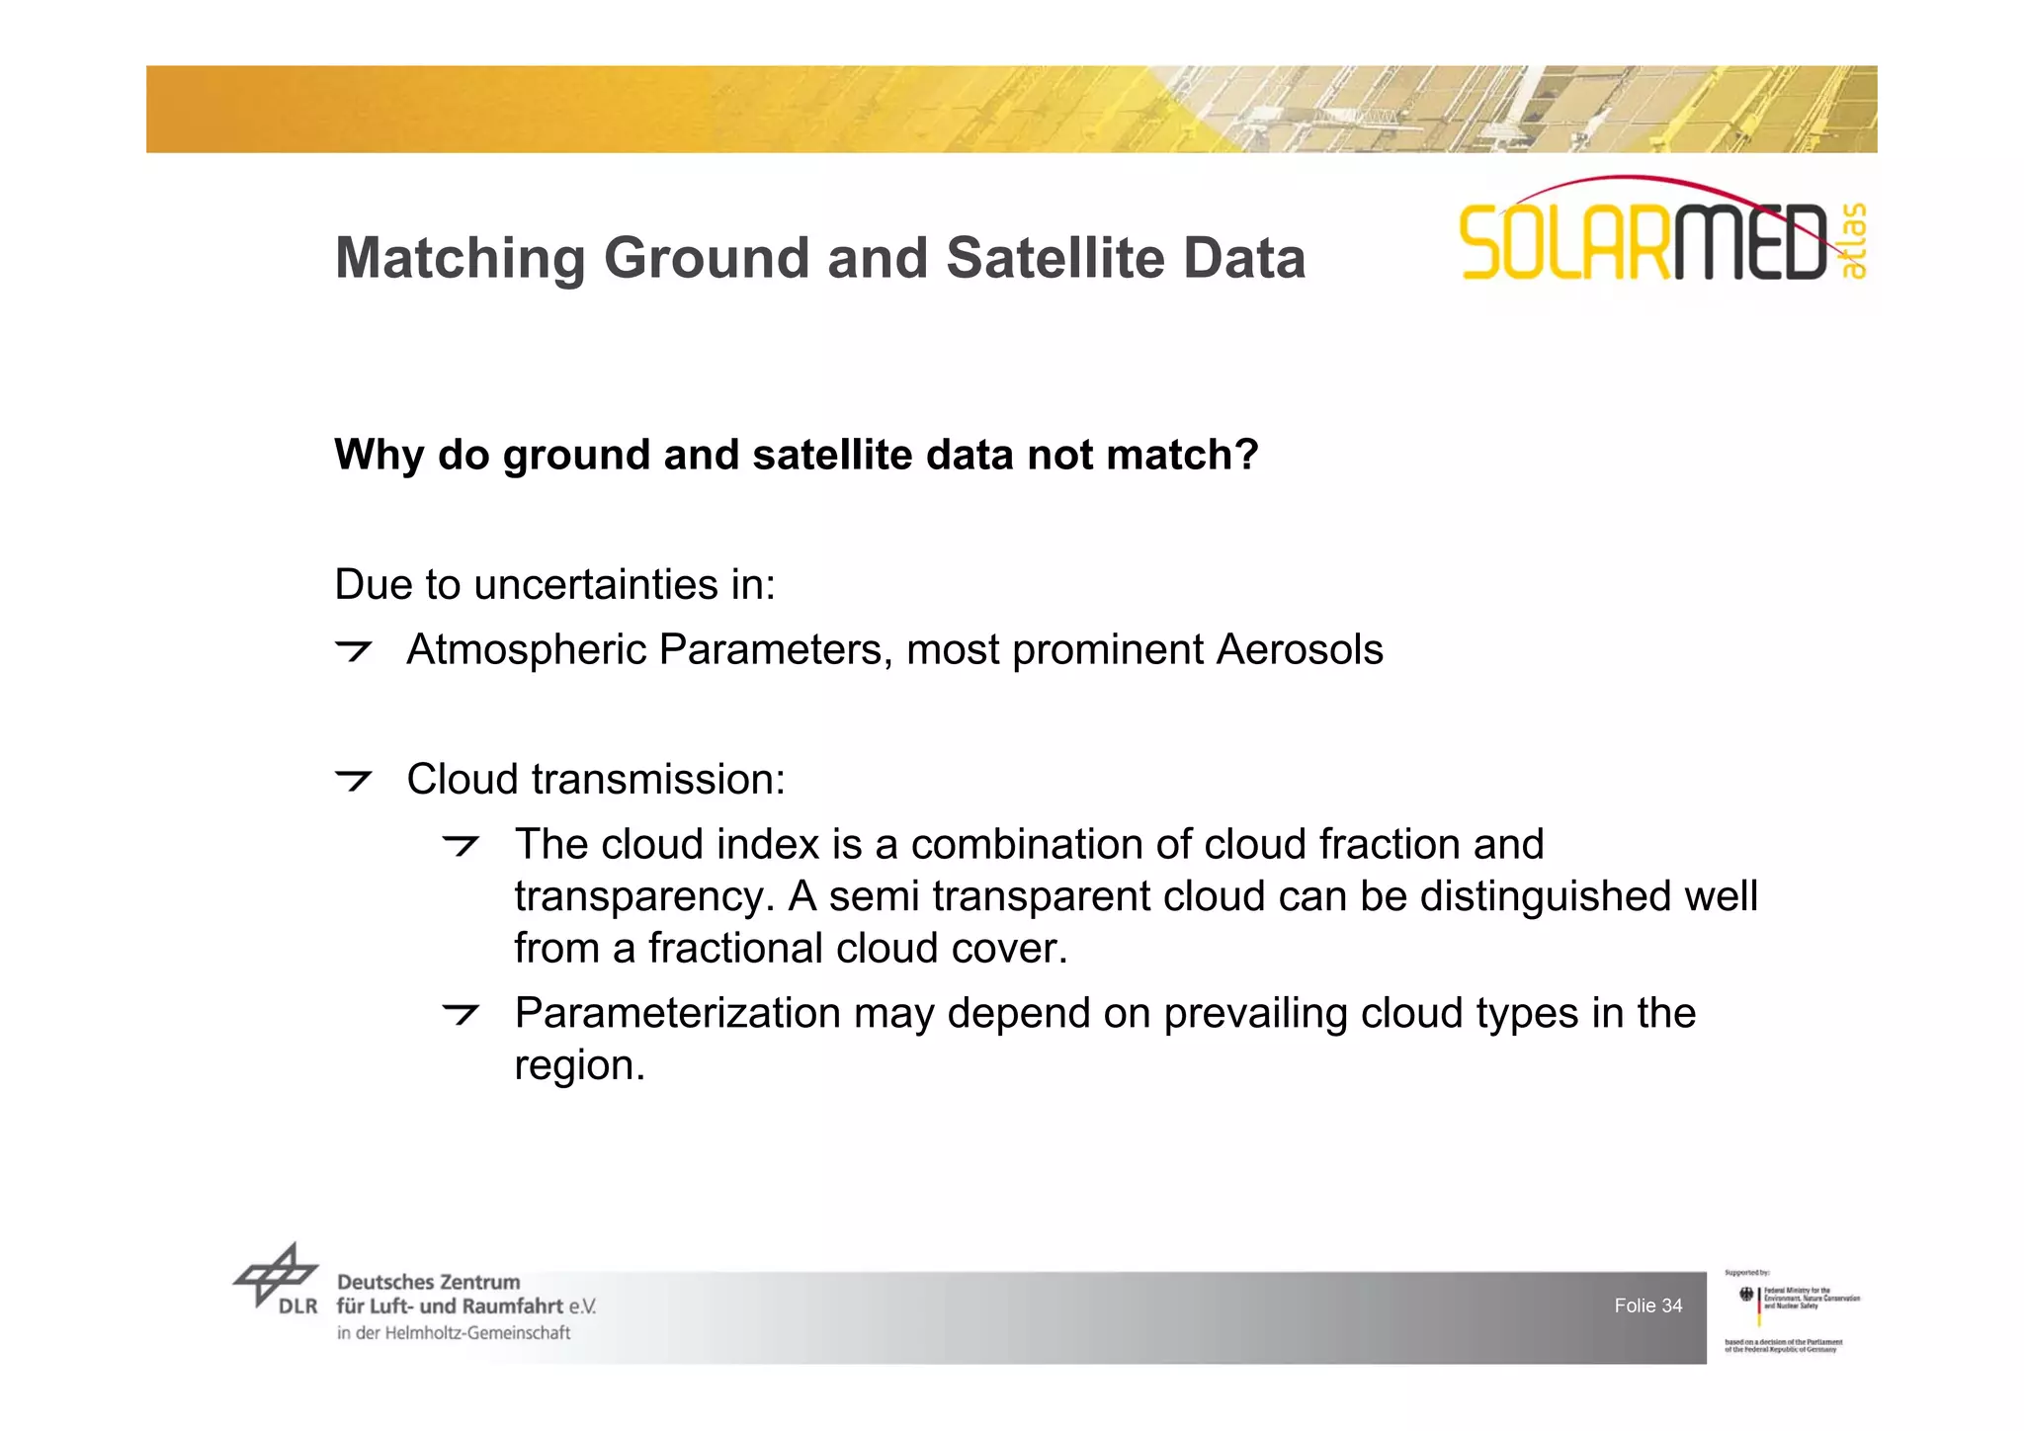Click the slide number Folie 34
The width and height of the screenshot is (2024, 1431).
(1647, 1305)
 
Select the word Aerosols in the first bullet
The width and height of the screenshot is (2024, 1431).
(1299, 650)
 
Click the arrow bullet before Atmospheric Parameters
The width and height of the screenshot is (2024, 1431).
(353, 650)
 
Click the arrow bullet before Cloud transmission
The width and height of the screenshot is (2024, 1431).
(353, 780)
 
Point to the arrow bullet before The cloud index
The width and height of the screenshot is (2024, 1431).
(461, 845)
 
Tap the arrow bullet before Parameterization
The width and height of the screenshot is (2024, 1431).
(461, 1014)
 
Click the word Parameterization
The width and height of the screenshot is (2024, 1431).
(677, 1014)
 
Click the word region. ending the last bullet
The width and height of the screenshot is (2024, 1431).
(579, 1066)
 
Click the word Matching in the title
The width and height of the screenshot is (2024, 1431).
(461, 259)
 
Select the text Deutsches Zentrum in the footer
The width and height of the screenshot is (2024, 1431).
(428, 1282)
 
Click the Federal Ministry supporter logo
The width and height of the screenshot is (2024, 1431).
(1790, 1308)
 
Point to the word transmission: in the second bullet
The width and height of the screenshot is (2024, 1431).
(658, 780)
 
